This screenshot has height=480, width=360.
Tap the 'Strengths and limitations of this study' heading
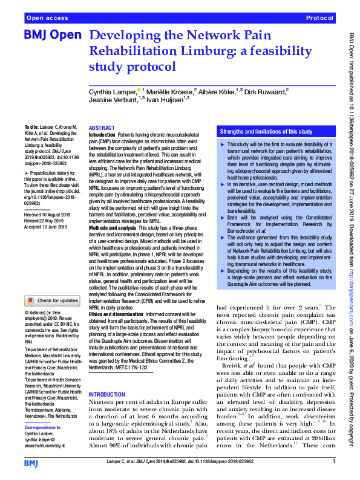(266, 131)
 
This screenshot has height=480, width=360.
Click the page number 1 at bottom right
(334, 462)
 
